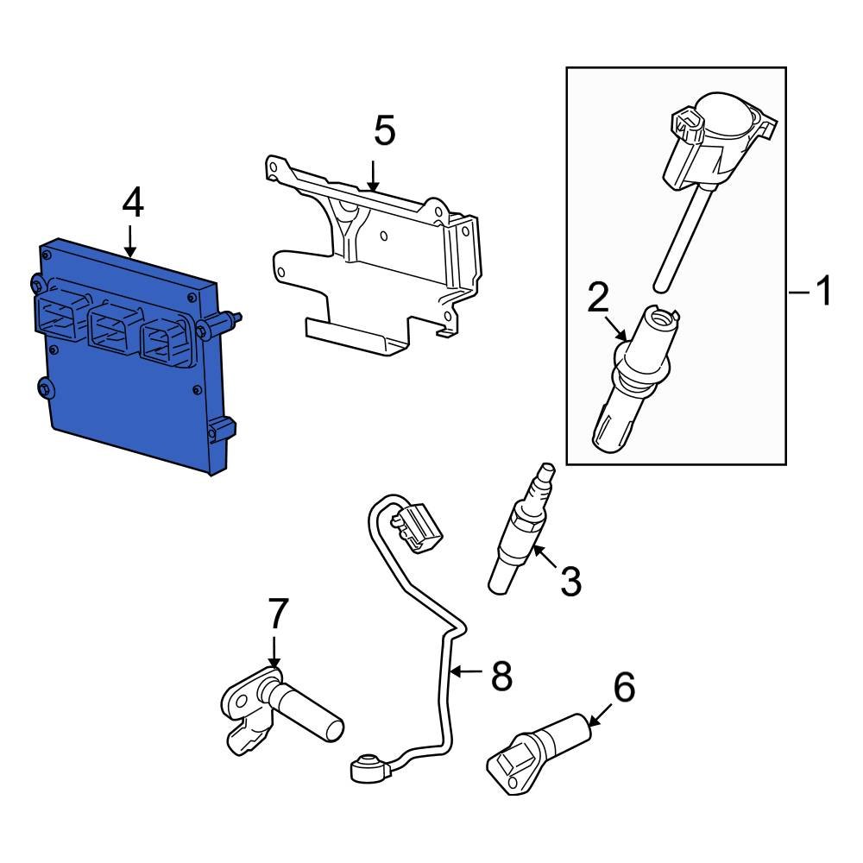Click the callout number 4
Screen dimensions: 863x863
(x=132, y=204)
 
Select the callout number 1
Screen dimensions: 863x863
(x=824, y=292)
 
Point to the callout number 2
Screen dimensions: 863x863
(x=597, y=298)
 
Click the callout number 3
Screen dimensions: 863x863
(x=570, y=582)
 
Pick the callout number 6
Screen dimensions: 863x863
(x=623, y=688)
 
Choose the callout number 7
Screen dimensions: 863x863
(x=276, y=614)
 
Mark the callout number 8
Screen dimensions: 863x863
(x=501, y=676)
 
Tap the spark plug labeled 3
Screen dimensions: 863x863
(x=522, y=535)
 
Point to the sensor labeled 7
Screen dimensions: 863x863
(x=276, y=708)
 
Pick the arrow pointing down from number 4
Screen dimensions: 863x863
(x=130, y=242)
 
